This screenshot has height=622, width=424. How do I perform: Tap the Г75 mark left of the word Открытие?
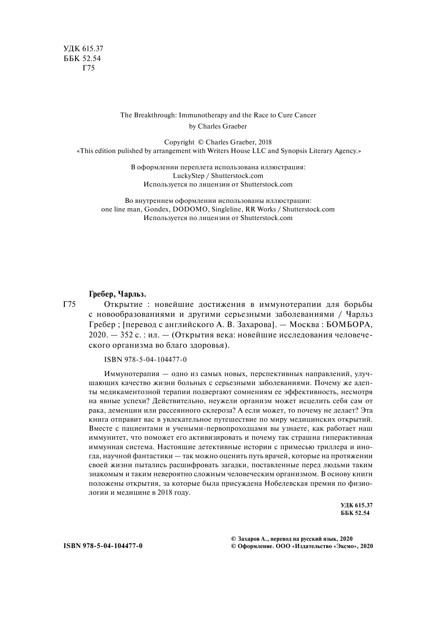click(69, 305)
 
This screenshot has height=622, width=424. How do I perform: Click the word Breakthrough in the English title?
click(155, 115)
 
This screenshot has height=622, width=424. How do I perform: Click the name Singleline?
click(226, 209)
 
